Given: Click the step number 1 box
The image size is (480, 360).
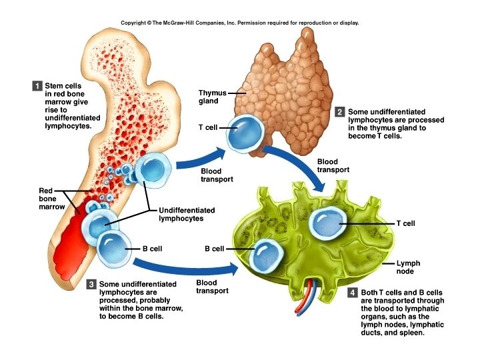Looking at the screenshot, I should click(x=37, y=85).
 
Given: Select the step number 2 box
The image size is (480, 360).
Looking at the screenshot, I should click(x=339, y=112).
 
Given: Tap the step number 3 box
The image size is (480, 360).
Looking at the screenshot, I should click(x=92, y=285).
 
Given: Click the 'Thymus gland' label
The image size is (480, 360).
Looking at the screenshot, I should click(x=213, y=97).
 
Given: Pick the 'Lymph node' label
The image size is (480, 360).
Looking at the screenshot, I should click(x=408, y=267).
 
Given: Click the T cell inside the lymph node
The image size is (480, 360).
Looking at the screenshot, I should click(x=331, y=223).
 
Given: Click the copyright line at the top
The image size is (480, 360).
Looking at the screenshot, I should click(x=240, y=23).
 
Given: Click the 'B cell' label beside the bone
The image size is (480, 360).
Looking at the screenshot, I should click(x=153, y=249).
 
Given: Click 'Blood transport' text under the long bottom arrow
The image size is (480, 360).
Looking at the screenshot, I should click(x=212, y=287).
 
